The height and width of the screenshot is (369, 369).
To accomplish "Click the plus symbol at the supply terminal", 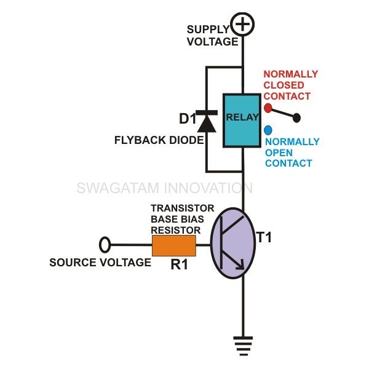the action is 242,24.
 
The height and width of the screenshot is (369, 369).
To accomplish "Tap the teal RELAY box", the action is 242,121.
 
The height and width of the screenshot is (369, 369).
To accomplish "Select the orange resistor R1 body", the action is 174,245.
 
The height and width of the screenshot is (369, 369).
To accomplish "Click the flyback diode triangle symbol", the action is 207,124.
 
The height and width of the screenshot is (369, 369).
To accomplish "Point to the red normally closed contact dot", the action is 268,108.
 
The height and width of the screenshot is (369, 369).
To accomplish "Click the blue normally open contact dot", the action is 268,130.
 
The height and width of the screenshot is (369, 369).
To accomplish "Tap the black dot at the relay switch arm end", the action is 297,117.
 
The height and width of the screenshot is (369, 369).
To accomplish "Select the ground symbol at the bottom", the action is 243,346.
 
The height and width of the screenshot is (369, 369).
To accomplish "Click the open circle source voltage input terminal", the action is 105,245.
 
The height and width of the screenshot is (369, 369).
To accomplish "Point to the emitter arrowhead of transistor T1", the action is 240,266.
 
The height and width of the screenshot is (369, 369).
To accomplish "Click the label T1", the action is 264,237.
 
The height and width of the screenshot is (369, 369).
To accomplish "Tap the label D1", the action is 188,119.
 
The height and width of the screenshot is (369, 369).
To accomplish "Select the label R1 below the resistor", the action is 180,264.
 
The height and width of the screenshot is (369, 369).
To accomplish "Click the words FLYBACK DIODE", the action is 159,140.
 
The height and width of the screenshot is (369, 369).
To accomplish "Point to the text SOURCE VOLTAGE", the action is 100,263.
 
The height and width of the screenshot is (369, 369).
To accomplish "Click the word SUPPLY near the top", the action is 208,30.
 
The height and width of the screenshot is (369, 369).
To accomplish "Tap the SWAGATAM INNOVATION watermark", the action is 165,188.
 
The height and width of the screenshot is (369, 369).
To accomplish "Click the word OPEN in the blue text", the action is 279,153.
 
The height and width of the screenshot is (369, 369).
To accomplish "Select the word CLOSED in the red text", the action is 284,85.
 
